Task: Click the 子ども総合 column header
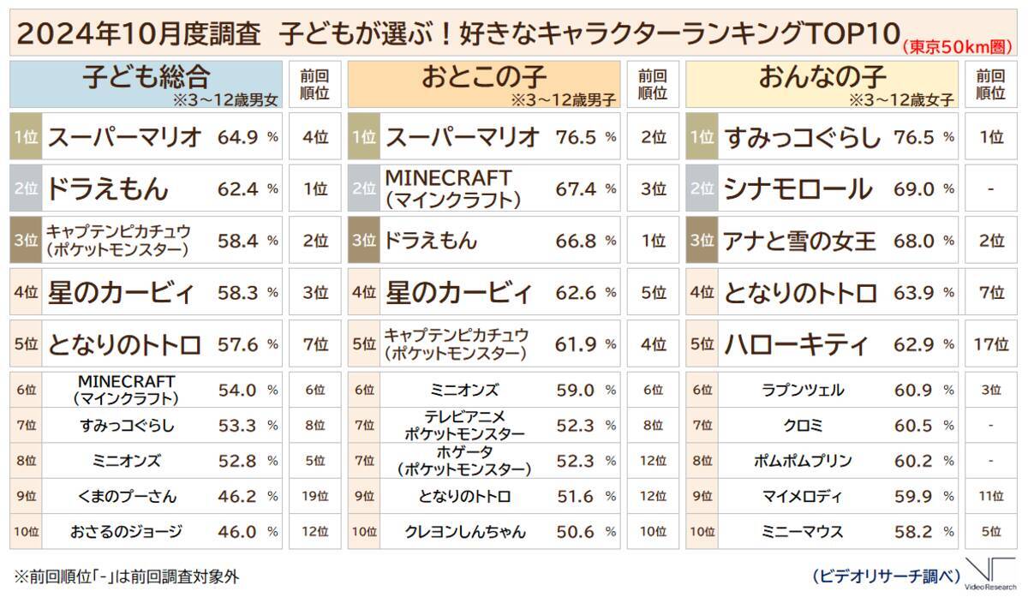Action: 146,78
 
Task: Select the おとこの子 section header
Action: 483,78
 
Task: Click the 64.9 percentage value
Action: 236,137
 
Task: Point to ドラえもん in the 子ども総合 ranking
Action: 108,189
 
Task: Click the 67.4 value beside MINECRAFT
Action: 576,189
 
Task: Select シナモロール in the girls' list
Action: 798,189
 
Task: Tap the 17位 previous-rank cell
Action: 990,345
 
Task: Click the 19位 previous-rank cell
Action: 315,496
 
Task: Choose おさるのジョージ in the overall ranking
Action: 126,532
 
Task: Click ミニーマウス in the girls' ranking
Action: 803,532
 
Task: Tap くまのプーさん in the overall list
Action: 126,496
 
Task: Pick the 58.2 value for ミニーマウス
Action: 913,532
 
